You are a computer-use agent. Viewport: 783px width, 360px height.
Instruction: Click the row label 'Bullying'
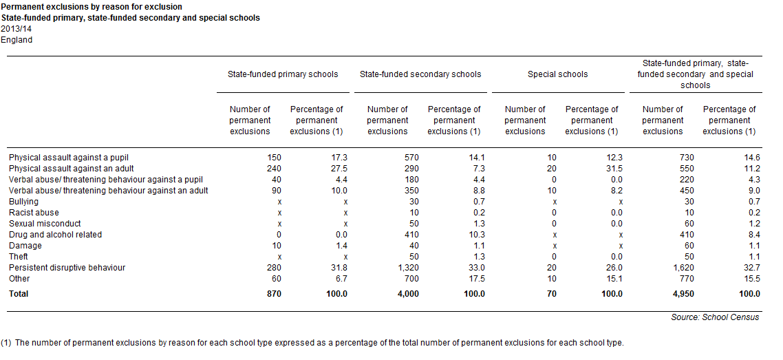coord(23,202)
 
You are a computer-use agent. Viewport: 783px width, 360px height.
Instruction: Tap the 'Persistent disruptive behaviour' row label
coord(67,268)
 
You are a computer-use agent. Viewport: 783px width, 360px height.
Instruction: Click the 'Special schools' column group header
coord(558,74)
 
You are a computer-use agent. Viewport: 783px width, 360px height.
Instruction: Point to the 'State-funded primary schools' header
coord(283,74)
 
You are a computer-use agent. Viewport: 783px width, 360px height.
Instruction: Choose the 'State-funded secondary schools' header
coord(420,74)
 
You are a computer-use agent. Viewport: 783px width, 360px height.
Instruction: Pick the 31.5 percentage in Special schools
coord(614,169)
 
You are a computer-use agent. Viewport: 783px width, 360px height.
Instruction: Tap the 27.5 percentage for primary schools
coord(340,169)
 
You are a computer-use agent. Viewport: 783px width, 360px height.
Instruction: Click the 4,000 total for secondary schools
coord(408,294)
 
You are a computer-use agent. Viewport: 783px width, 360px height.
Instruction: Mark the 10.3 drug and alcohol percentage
coord(477,235)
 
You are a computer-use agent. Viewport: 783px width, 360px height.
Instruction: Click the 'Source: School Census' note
coord(715,317)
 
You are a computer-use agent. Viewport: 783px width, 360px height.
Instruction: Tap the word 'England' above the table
coord(17,40)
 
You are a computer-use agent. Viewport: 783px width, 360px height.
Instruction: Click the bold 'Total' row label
coord(19,294)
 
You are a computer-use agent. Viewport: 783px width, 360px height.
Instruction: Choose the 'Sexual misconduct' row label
coord(45,224)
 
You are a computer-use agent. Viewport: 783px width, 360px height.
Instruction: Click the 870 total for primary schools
coord(274,294)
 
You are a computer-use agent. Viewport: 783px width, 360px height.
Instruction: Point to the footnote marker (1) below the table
coord(6,343)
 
